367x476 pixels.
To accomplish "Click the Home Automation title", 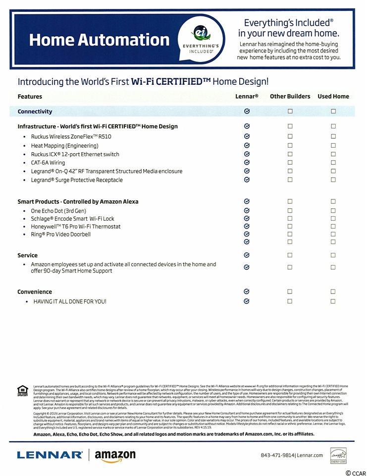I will tap(99, 40).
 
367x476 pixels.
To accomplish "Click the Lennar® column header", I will tap(247, 96).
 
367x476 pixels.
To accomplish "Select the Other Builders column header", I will tap(290, 96).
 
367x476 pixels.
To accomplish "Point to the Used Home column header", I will tap(333, 96).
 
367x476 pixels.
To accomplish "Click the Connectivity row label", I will tap(35, 112).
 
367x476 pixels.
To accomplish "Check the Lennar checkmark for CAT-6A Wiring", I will tap(247, 162).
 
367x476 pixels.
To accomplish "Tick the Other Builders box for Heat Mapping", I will tap(290, 145).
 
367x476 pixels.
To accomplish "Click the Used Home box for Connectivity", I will tap(333, 112).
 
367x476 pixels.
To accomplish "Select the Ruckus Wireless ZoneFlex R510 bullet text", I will tap(71, 136).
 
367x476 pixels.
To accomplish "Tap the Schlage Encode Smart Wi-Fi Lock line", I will tap(72, 219).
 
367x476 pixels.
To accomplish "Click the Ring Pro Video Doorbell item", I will tap(60, 235).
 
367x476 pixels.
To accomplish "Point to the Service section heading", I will tap(27, 255).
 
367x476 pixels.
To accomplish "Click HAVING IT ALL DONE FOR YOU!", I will tap(70, 301).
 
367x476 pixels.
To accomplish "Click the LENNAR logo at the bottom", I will tap(50, 455).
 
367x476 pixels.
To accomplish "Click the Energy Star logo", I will tap(338, 455).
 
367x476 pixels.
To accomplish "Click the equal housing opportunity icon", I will tap(23, 391).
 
